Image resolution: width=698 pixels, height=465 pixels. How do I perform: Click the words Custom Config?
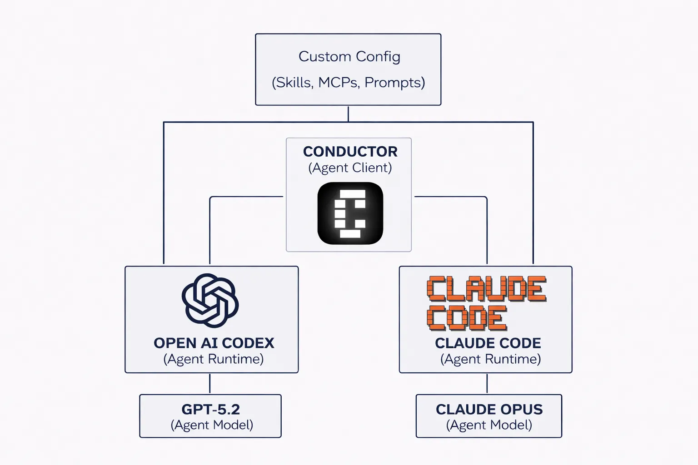(349, 56)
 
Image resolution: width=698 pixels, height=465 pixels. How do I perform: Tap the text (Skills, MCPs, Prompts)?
(348, 83)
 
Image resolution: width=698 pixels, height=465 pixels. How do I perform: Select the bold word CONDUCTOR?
(350, 151)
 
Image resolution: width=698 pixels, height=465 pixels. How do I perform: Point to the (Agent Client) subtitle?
(350, 168)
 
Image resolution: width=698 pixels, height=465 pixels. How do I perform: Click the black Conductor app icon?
(350, 213)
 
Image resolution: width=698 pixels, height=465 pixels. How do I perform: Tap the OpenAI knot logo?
(210, 301)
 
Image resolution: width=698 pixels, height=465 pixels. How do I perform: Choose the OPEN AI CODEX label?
(214, 343)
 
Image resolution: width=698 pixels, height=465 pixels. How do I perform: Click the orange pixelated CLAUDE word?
(486, 289)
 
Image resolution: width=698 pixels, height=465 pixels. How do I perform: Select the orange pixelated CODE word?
(466, 318)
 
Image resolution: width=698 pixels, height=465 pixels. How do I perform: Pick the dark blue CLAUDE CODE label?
(488, 343)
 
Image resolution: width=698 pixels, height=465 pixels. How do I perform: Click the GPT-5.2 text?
(210, 409)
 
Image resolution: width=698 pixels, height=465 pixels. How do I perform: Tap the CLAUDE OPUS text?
(489, 409)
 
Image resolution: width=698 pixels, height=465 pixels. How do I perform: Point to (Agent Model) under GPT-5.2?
(212, 425)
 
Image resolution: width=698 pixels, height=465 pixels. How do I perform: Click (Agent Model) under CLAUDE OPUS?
(489, 425)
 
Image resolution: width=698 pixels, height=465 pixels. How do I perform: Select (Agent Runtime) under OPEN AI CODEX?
(214, 359)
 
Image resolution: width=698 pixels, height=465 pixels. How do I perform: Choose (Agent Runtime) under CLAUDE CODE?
(490, 359)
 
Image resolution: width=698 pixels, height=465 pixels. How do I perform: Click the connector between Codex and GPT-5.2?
(209, 384)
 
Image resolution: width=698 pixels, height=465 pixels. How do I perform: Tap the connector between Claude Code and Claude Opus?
(487, 384)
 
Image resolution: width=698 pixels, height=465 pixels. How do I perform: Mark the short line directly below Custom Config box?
(348, 114)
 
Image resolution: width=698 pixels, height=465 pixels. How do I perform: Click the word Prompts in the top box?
(394, 83)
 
